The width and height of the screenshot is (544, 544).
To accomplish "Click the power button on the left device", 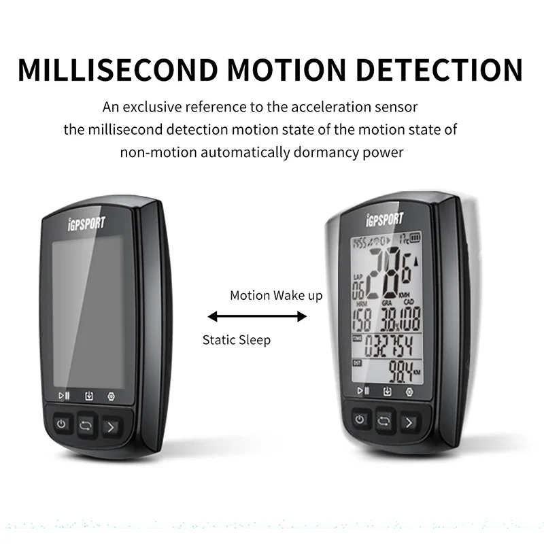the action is click(x=62, y=424).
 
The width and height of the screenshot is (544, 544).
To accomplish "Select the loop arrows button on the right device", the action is click(x=383, y=421).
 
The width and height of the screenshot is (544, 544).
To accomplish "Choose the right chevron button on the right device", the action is click(x=408, y=422).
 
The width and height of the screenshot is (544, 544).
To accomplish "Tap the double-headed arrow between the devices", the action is click(x=257, y=316).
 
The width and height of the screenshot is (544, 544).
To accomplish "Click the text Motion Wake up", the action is click(x=276, y=295).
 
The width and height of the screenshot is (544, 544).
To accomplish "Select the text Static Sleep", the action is click(x=236, y=339).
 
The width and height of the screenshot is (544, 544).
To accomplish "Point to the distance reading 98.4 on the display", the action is click(x=401, y=372).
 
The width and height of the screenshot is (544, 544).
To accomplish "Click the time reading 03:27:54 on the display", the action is click(x=389, y=345).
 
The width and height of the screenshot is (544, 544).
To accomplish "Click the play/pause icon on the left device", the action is click(x=64, y=395).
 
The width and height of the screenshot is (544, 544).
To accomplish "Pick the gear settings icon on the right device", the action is click(x=409, y=392).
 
